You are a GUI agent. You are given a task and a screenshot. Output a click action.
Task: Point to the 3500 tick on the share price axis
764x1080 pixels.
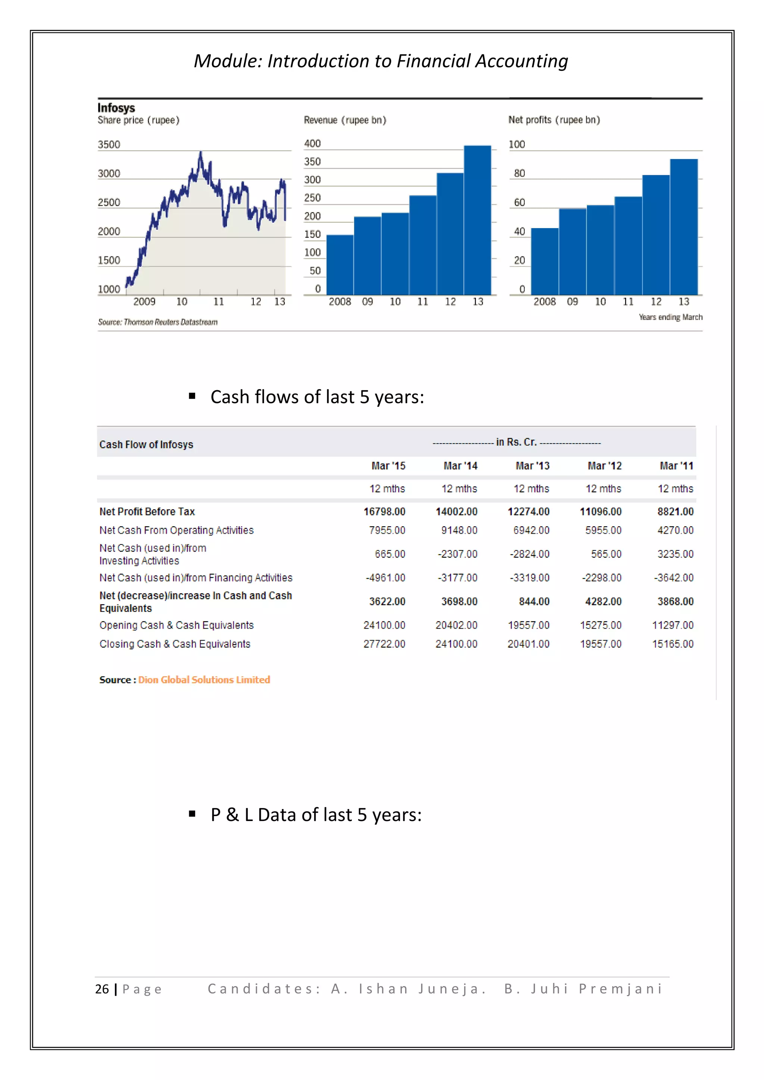click(109, 144)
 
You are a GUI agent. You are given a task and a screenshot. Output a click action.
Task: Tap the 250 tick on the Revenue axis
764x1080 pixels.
click(312, 198)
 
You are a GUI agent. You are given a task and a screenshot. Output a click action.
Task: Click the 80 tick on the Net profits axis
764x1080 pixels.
click(519, 173)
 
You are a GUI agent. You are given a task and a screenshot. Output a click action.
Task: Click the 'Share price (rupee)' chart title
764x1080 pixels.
click(138, 120)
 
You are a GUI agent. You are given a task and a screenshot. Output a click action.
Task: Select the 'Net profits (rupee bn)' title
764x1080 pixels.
click(554, 120)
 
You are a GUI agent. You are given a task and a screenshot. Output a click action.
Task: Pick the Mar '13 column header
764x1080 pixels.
click(532, 466)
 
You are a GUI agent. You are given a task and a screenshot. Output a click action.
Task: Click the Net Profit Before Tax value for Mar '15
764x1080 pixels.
click(384, 511)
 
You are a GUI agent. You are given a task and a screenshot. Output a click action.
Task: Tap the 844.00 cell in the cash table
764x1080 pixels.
click(534, 601)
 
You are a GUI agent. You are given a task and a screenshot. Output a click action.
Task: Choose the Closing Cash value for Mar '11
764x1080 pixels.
click(673, 644)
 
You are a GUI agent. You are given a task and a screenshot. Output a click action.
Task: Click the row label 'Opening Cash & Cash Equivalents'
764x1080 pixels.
click(176, 625)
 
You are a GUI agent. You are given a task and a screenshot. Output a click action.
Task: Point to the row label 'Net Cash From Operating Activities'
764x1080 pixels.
click(176, 530)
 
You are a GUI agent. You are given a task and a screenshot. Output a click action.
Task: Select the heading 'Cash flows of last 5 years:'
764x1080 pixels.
click(317, 397)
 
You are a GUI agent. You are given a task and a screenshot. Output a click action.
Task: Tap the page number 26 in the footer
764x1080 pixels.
click(102, 989)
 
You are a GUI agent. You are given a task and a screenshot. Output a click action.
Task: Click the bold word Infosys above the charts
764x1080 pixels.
click(116, 108)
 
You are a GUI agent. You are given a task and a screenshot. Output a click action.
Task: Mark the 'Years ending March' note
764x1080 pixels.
click(670, 317)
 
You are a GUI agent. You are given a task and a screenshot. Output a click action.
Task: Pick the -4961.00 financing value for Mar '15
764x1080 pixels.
click(385, 578)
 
